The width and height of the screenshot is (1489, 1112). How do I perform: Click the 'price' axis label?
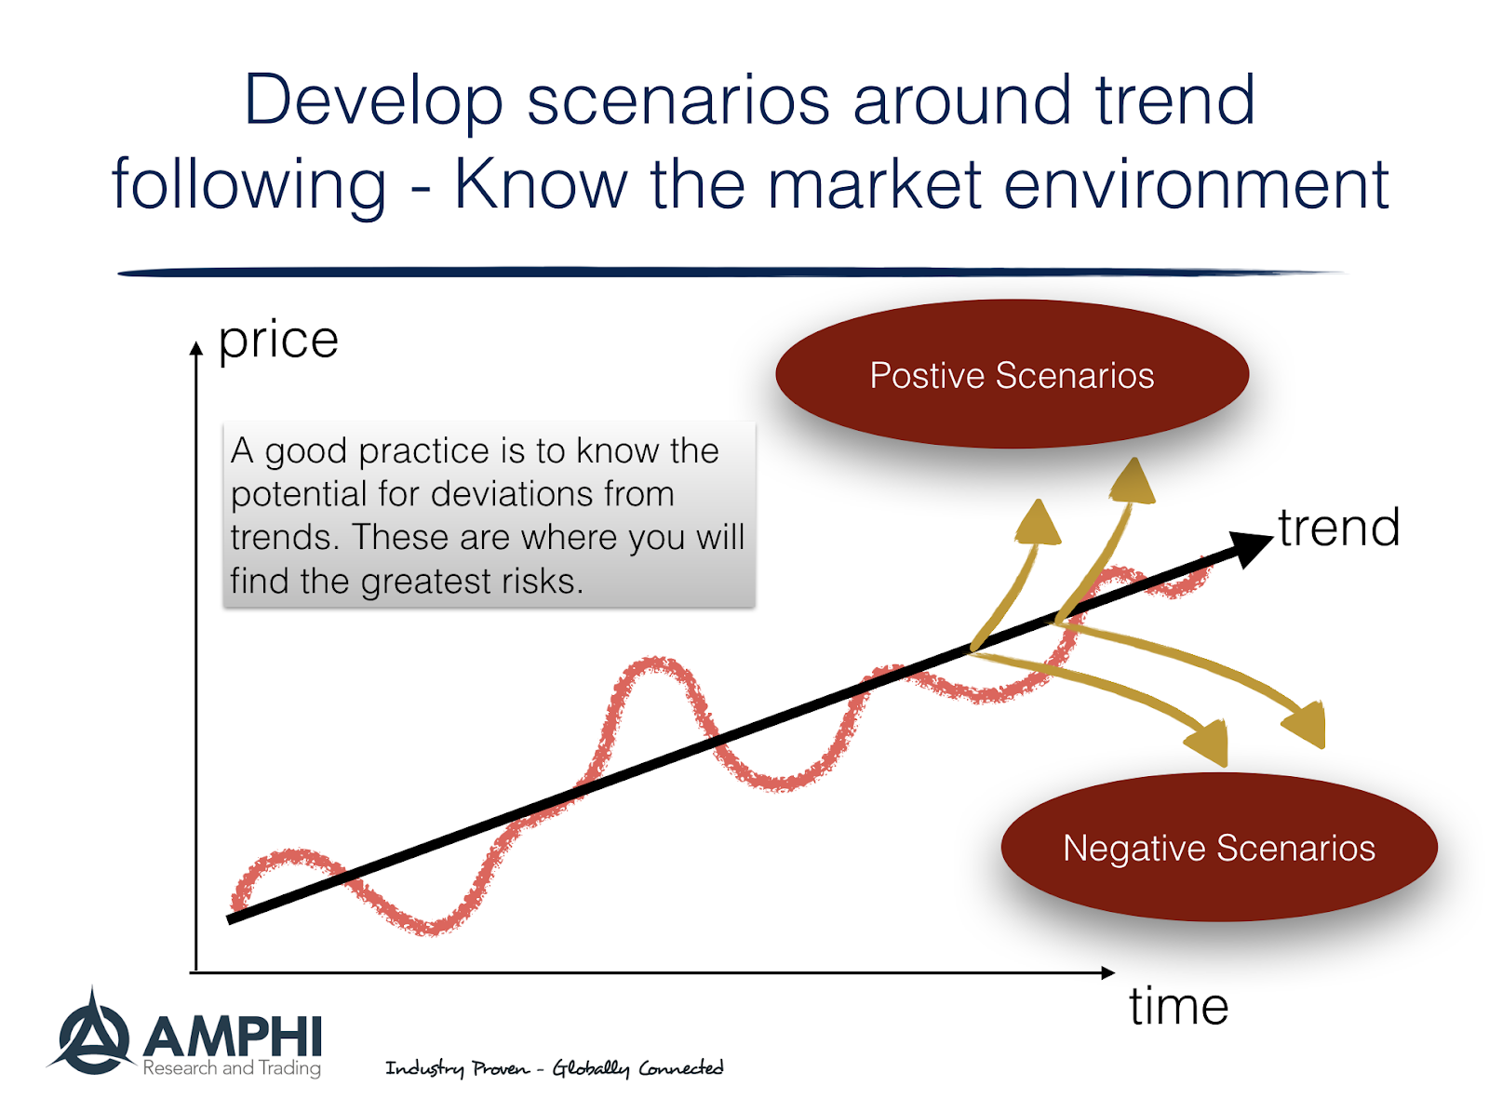(x=277, y=341)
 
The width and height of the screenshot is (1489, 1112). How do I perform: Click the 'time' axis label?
(x=1178, y=1006)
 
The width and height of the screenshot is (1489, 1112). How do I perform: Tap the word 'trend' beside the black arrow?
(x=1338, y=528)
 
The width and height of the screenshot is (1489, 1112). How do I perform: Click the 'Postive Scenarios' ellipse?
(x=1012, y=375)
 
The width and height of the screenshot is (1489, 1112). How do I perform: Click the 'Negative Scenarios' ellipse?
(x=1218, y=848)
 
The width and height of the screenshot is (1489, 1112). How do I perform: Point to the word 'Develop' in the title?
(x=373, y=100)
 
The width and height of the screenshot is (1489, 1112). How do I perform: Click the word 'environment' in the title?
(x=1196, y=184)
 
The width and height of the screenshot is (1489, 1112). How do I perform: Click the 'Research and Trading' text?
(x=232, y=1068)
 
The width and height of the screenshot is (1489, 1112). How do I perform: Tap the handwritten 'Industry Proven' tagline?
(x=457, y=1068)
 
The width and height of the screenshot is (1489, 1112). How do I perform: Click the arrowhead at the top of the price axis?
(x=195, y=349)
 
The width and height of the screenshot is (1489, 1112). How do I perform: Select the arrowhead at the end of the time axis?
(x=1107, y=972)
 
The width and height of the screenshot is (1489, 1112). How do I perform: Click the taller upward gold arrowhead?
(x=1133, y=482)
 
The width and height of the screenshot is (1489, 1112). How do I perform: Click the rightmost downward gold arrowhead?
(x=1306, y=724)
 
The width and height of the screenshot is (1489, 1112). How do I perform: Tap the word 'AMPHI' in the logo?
(x=233, y=1036)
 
